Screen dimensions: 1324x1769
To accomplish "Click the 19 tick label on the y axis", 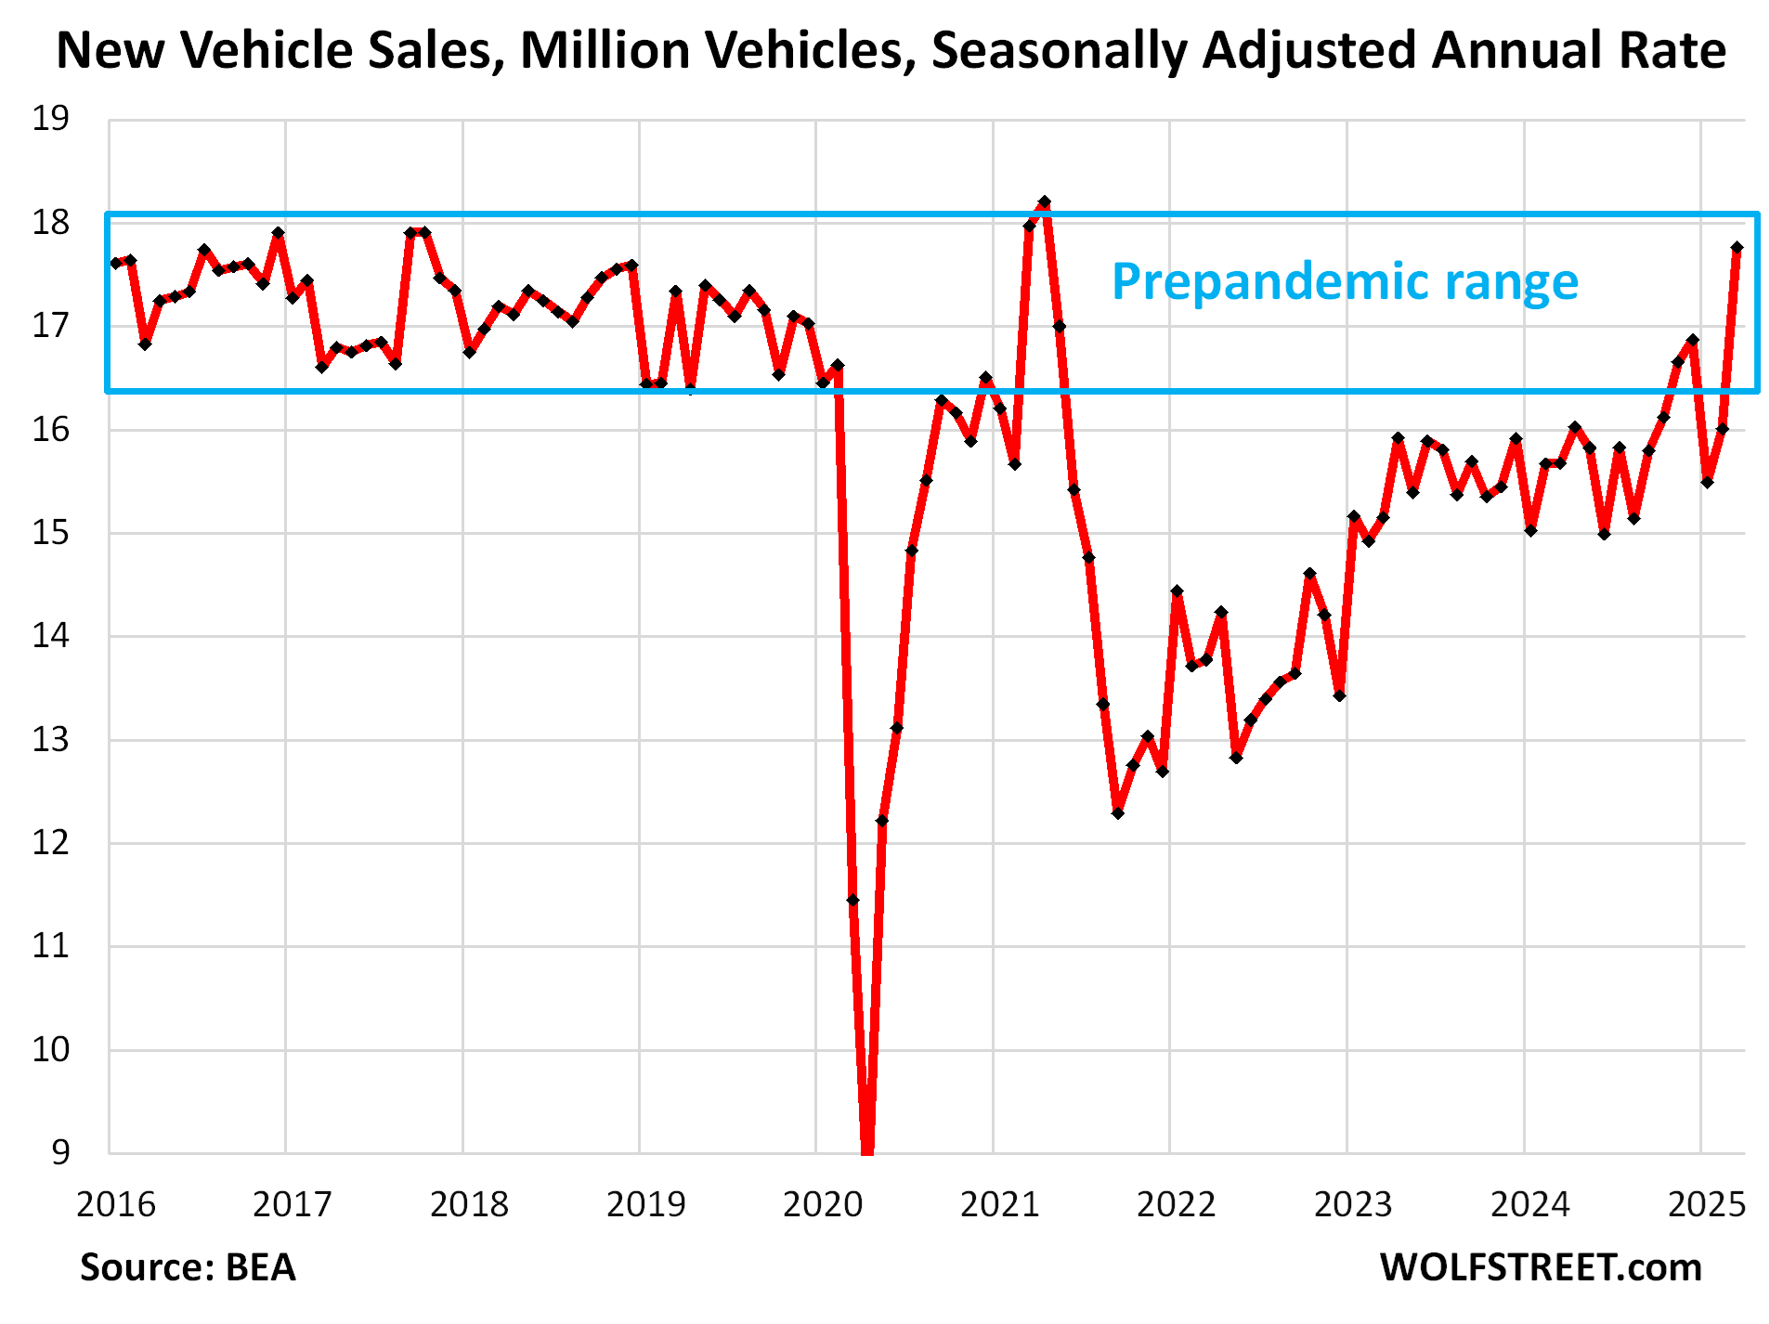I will coord(50,119).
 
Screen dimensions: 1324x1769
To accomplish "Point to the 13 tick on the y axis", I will coord(50,740).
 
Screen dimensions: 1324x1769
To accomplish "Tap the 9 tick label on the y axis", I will coord(59,1152).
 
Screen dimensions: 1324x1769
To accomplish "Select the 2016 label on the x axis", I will coord(115,1204).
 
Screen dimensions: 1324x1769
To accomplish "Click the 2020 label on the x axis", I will coord(823,1204).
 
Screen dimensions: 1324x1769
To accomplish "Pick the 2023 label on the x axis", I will coord(1353,1204).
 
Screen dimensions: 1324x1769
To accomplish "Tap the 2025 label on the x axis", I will coord(1707,1204).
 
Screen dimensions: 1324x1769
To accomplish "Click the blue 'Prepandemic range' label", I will coord(1345,281).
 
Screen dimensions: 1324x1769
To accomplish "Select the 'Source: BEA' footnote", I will coord(188,1267).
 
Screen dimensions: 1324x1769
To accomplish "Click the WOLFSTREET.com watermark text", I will coord(1541,1267).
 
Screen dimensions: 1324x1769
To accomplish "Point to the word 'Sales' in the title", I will coord(434,50).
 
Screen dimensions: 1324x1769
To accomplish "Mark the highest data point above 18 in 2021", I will coord(1044,201).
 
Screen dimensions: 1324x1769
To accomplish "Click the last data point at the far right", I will coord(1736,248).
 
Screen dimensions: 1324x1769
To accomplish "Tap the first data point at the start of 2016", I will coord(115,263).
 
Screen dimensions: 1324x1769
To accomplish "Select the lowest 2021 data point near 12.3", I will coord(1118,813).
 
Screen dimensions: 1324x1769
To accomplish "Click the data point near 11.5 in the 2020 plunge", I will coord(852,900).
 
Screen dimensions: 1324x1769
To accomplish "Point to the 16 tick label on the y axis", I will coord(50,429).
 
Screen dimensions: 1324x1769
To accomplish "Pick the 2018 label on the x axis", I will coord(469,1204).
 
